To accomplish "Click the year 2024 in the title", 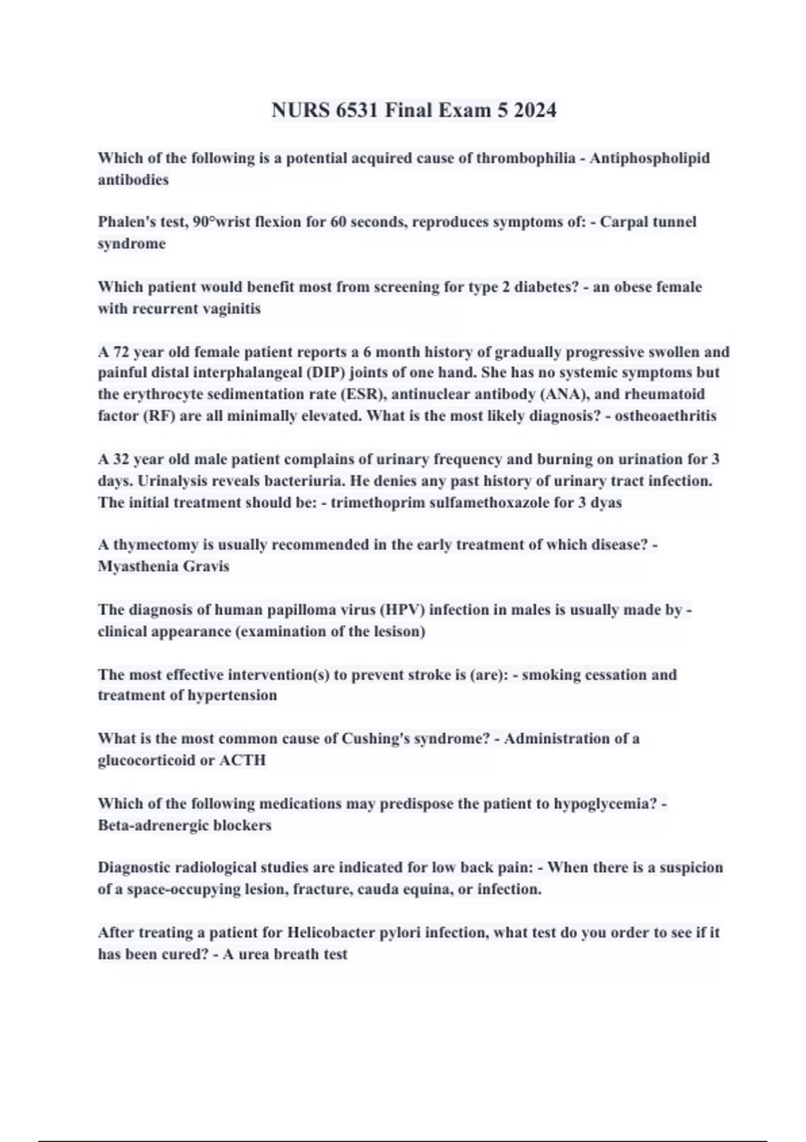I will click(535, 110).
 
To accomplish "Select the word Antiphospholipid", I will click(650, 159).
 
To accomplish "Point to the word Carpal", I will click(624, 222).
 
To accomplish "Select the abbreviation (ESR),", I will click(362, 394).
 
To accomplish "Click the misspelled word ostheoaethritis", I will click(666, 416).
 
